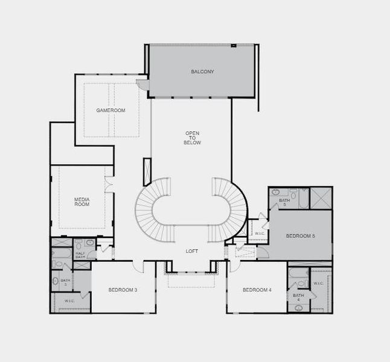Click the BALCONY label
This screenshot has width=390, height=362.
[x=202, y=72]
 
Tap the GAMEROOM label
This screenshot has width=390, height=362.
[x=110, y=110]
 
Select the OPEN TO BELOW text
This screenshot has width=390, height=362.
[x=192, y=138]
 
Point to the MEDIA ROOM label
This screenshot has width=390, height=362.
[x=82, y=202]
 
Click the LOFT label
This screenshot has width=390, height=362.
[x=192, y=251]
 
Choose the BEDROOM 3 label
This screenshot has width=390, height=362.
[x=123, y=290]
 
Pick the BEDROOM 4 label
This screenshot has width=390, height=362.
[x=257, y=290]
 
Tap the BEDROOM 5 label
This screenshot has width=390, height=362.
[x=301, y=236]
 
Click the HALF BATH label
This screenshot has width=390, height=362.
[x=80, y=255]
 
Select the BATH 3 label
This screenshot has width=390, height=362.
[x=65, y=282]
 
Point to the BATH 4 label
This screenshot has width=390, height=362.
[x=298, y=297]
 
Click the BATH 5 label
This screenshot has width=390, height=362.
[x=284, y=202]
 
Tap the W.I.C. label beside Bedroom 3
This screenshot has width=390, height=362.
[x=69, y=301]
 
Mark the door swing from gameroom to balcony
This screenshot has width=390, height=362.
[x=142, y=84]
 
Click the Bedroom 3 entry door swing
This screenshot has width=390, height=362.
[x=138, y=267]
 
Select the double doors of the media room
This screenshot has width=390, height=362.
[x=109, y=185]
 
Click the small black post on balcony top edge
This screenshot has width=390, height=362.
[x=233, y=45]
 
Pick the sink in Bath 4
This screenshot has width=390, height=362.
[x=298, y=308]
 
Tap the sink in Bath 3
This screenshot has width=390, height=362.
[x=55, y=281]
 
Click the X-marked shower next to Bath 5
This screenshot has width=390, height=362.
[x=321, y=198]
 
